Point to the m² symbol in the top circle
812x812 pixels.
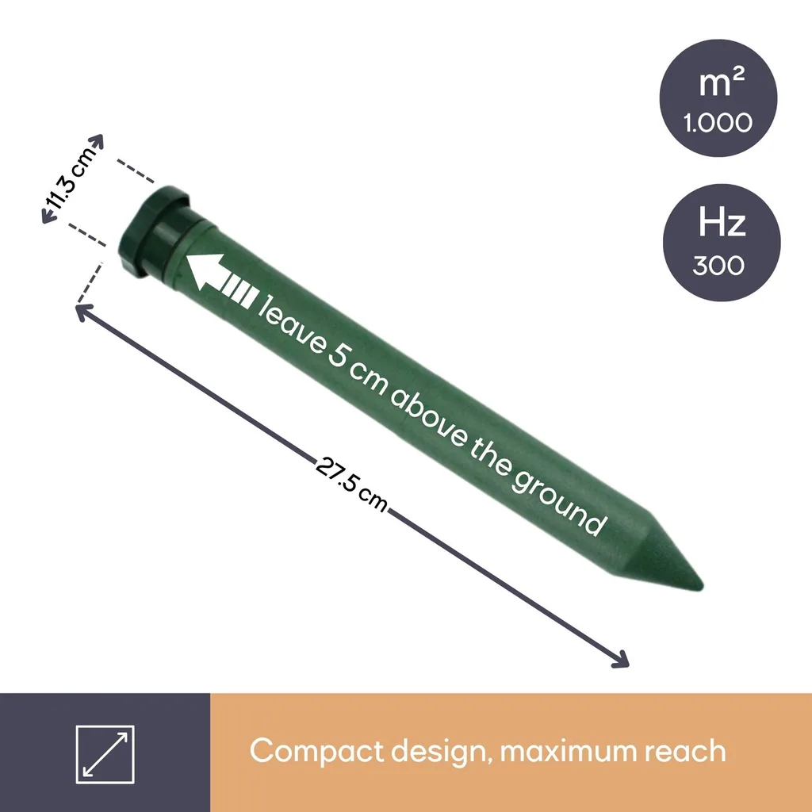click(x=722, y=82)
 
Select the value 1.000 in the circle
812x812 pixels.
click(x=717, y=123)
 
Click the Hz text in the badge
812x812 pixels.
click(x=722, y=222)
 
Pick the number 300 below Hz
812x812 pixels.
click(x=718, y=265)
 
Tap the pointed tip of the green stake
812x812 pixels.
click(x=703, y=587)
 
